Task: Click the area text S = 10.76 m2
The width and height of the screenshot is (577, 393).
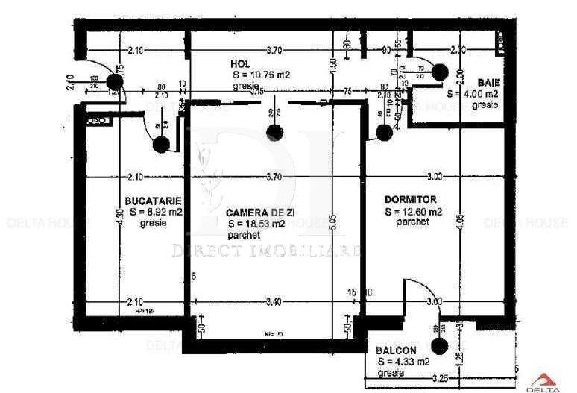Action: tap(260, 75)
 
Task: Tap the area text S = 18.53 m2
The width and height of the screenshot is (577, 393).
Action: tap(256, 224)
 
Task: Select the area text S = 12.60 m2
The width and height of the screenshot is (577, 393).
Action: tap(414, 212)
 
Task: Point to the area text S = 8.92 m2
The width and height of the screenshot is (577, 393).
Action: tap(156, 213)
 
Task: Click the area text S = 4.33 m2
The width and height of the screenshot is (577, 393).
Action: tap(403, 362)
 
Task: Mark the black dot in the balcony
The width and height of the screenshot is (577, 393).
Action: tap(439, 346)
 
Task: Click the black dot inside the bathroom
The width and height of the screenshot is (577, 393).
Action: tap(439, 72)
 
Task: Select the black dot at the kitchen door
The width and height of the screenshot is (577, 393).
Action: tap(160, 145)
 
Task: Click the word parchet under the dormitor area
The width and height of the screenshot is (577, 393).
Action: tap(413, 222)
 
